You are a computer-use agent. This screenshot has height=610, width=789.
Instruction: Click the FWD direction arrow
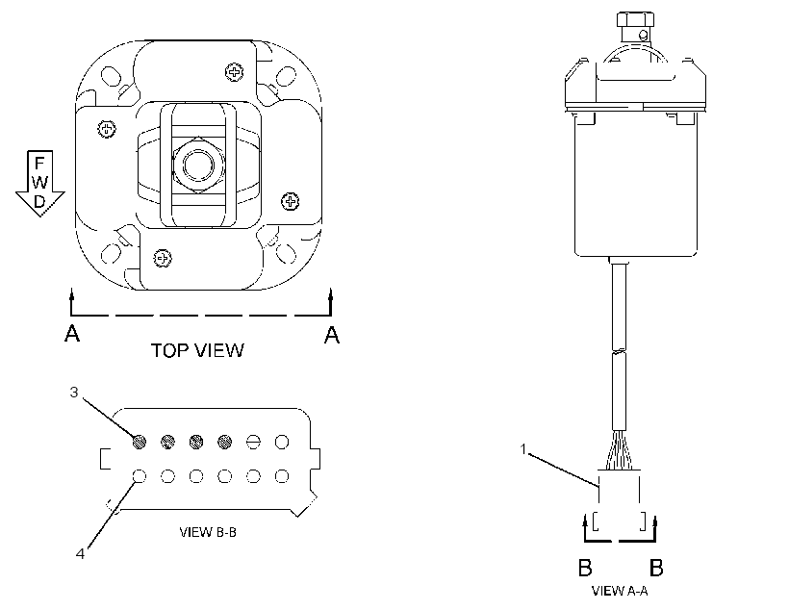(x=39, y=183)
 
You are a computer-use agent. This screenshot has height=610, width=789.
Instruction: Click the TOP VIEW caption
(x=198, y=350)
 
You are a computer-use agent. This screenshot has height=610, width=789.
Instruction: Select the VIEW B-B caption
(x=208, y=532)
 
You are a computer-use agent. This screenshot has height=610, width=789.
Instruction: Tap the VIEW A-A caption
(x=620, y=591)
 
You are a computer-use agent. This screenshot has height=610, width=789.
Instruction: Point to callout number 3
(x=74, y=392)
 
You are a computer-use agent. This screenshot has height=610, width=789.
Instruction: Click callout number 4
(x=80, y=553)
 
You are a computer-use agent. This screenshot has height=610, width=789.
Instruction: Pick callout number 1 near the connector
(x=523, y=448)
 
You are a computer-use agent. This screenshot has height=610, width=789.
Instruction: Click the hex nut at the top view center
(x=198, y=165)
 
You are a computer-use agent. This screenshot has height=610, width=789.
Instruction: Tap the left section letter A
(x=72, y=334)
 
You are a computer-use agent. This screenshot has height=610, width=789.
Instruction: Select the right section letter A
(x=332, y=334)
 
